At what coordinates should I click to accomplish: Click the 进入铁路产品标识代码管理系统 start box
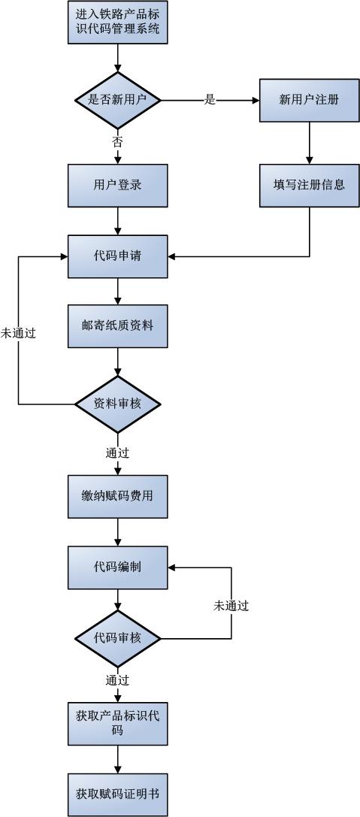[x=118, y=22]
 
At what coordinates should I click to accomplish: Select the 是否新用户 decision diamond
[x=118, y=100]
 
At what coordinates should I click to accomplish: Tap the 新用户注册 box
[x=310, y=100]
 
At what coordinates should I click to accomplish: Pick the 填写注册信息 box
[x=310, y=185]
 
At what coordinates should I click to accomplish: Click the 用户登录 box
[x=118, y=186]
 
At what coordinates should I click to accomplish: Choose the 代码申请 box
[x=118, y=256]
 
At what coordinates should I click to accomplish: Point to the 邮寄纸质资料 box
[x=118, y=326]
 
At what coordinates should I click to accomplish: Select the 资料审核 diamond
[x=118, y=404]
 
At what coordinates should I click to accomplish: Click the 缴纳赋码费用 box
[x=118, y=496]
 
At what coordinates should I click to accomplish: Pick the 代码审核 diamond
[x=118, y=638]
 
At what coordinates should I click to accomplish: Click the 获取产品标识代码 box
[x=118, y=723]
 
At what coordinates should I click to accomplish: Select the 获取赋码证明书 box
[x=118, y=794]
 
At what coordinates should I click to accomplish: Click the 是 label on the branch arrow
[x=210, y=100]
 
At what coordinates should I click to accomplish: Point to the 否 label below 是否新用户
[x=118, y=141]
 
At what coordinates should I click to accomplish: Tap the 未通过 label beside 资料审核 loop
[x=18, y=334]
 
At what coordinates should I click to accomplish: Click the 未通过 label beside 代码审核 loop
[x=231, y=606]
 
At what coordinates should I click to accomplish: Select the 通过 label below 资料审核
[x=118, y=452]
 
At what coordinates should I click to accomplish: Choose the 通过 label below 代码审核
[x=118, y=680]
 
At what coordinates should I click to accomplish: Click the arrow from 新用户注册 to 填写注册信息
[x=310, y=144]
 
